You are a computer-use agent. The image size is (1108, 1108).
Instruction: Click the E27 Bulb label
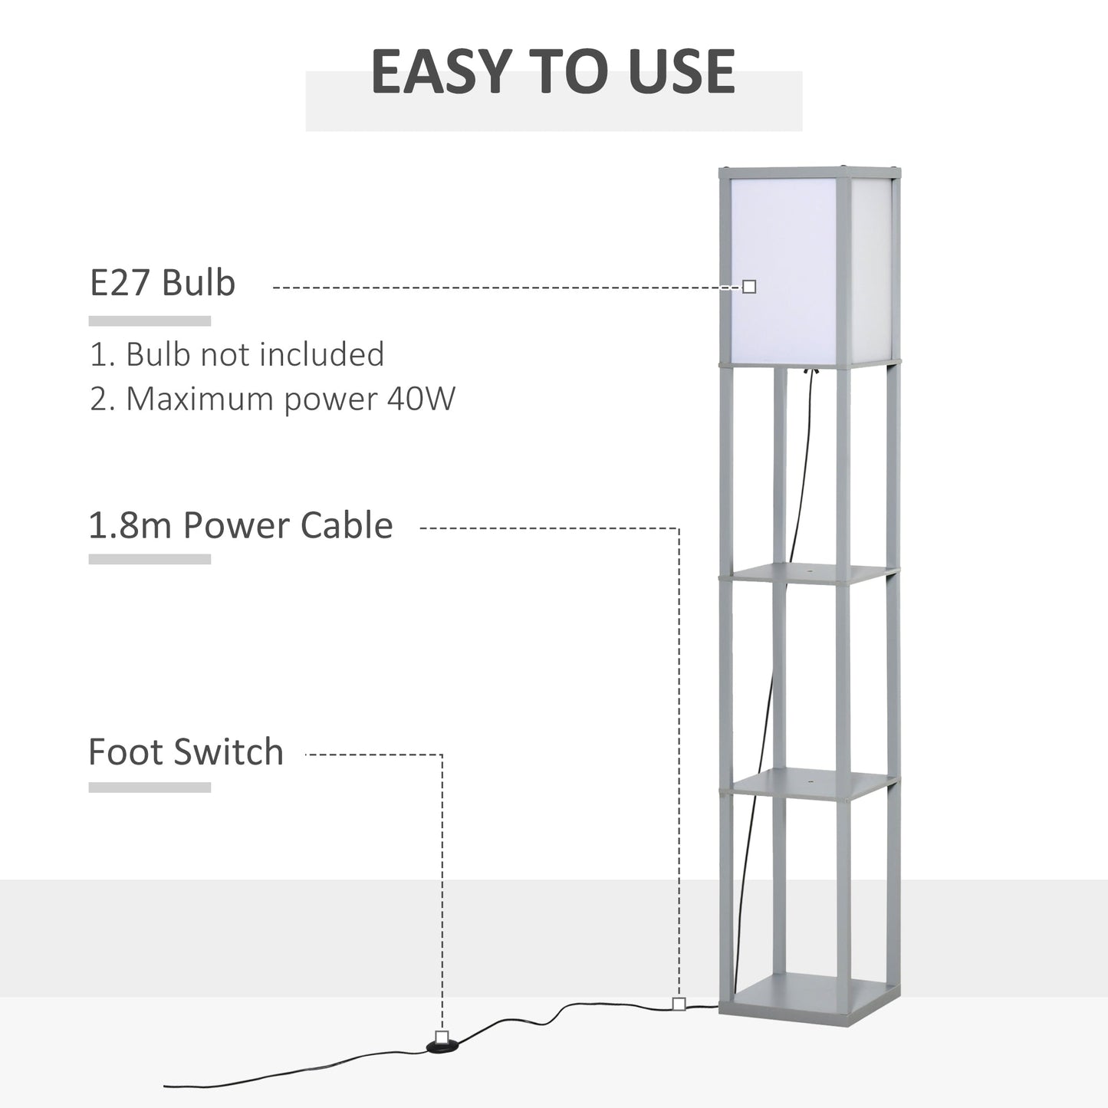coord(163,282)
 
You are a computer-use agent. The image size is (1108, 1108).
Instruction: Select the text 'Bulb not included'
coord(255,354)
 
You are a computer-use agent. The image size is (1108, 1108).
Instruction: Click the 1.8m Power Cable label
coord(241,526)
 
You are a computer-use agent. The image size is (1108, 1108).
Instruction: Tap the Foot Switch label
coord(186,752)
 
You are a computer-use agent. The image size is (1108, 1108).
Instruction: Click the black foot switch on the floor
coord(442,1045)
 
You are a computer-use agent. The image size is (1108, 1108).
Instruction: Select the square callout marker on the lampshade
coord(749,287)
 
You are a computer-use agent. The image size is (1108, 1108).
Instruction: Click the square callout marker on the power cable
coord(679,1004)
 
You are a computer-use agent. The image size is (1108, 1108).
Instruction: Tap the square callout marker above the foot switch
coord(442,1037)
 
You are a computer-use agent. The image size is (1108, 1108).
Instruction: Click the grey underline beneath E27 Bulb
coord(150,321)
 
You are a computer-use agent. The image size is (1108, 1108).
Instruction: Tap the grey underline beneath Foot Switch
coord(150,787)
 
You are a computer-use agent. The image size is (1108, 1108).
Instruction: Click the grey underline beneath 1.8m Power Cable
coord(150,560)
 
